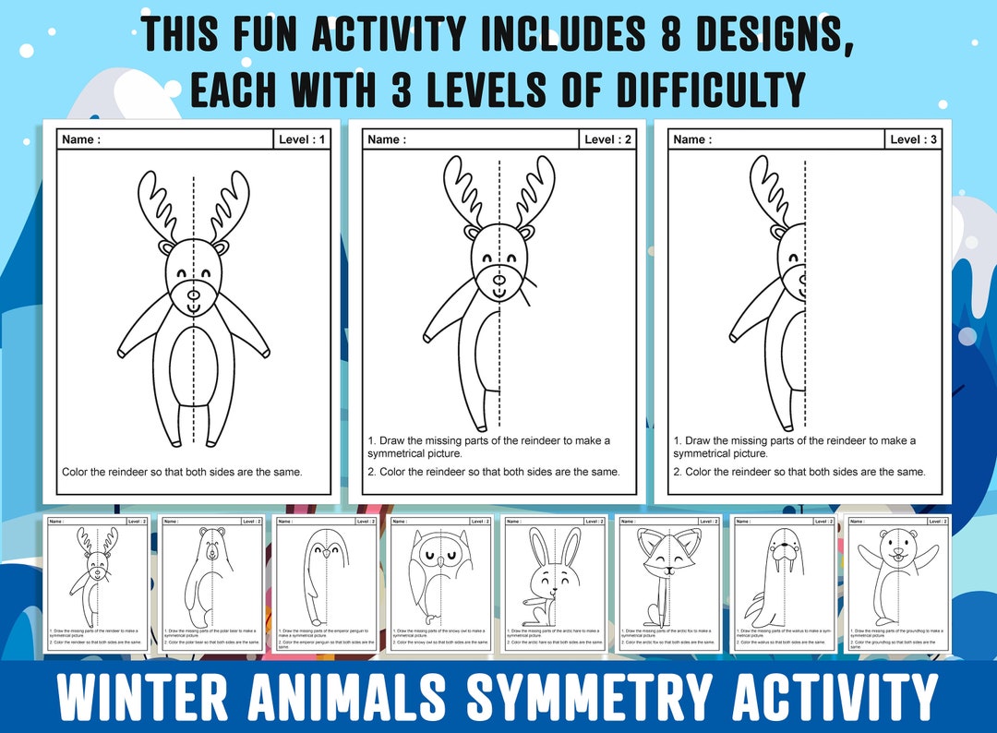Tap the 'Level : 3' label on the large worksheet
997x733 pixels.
pyautogui.click(x=914, y=139)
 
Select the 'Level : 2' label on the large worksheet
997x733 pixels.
pyautogui.click(x=608, y=139)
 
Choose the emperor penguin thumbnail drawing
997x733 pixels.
pyautogui.click(x=325, y=572)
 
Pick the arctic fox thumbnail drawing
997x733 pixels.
pyautogui.click(x=667, y=572)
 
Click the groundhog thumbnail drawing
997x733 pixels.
pyautogui.click(x=895, y=572)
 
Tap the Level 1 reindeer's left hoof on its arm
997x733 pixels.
pyautogui.click(x=123, y=352)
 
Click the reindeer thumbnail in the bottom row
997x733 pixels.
pyautogui.click(x=96, y=572)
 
